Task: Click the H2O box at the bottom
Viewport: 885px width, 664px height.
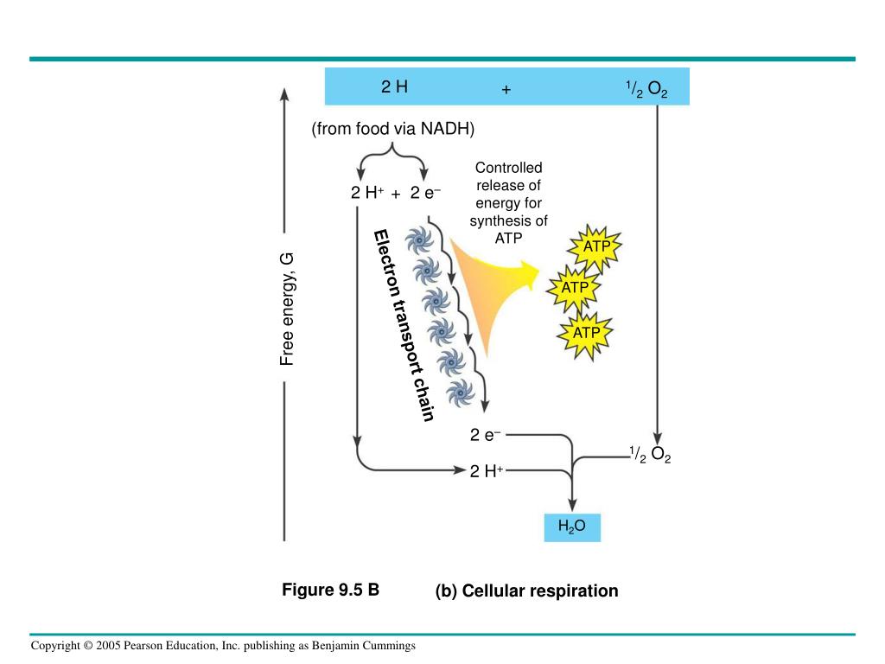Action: click(x=572, y=527)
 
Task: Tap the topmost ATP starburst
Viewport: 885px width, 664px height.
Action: click(x=595, y=247)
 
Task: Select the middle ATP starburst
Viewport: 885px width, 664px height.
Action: click(x=574, y=289)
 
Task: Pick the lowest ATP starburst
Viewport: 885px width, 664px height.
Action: click(x=585, y=335)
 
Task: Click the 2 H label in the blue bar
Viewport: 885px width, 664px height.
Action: click(x=394, y=86)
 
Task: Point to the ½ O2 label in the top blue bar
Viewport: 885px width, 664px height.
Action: click(x=646, y=89)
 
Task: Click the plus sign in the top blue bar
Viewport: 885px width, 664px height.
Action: click(x=506, y=89)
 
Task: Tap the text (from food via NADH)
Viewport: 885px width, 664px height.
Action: click(x=393, y=129)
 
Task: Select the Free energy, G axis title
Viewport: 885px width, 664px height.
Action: click(x=287, y=310)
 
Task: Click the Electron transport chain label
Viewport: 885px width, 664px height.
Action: click(x=404, y=326)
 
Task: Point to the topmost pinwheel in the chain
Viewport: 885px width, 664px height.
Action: click(x=419, y=241)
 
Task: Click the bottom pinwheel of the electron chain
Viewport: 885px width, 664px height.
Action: click(x=461, y=393)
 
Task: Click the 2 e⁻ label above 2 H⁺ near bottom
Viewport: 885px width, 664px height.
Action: click(x=486, y=435)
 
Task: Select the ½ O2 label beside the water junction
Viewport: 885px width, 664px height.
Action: click(x=650, y=455)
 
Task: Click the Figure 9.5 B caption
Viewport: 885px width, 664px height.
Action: click(x=331, y=590)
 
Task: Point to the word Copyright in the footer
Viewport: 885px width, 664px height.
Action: click(x=55, y=645)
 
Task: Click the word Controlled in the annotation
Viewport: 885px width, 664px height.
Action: click(x=508, y=168)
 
